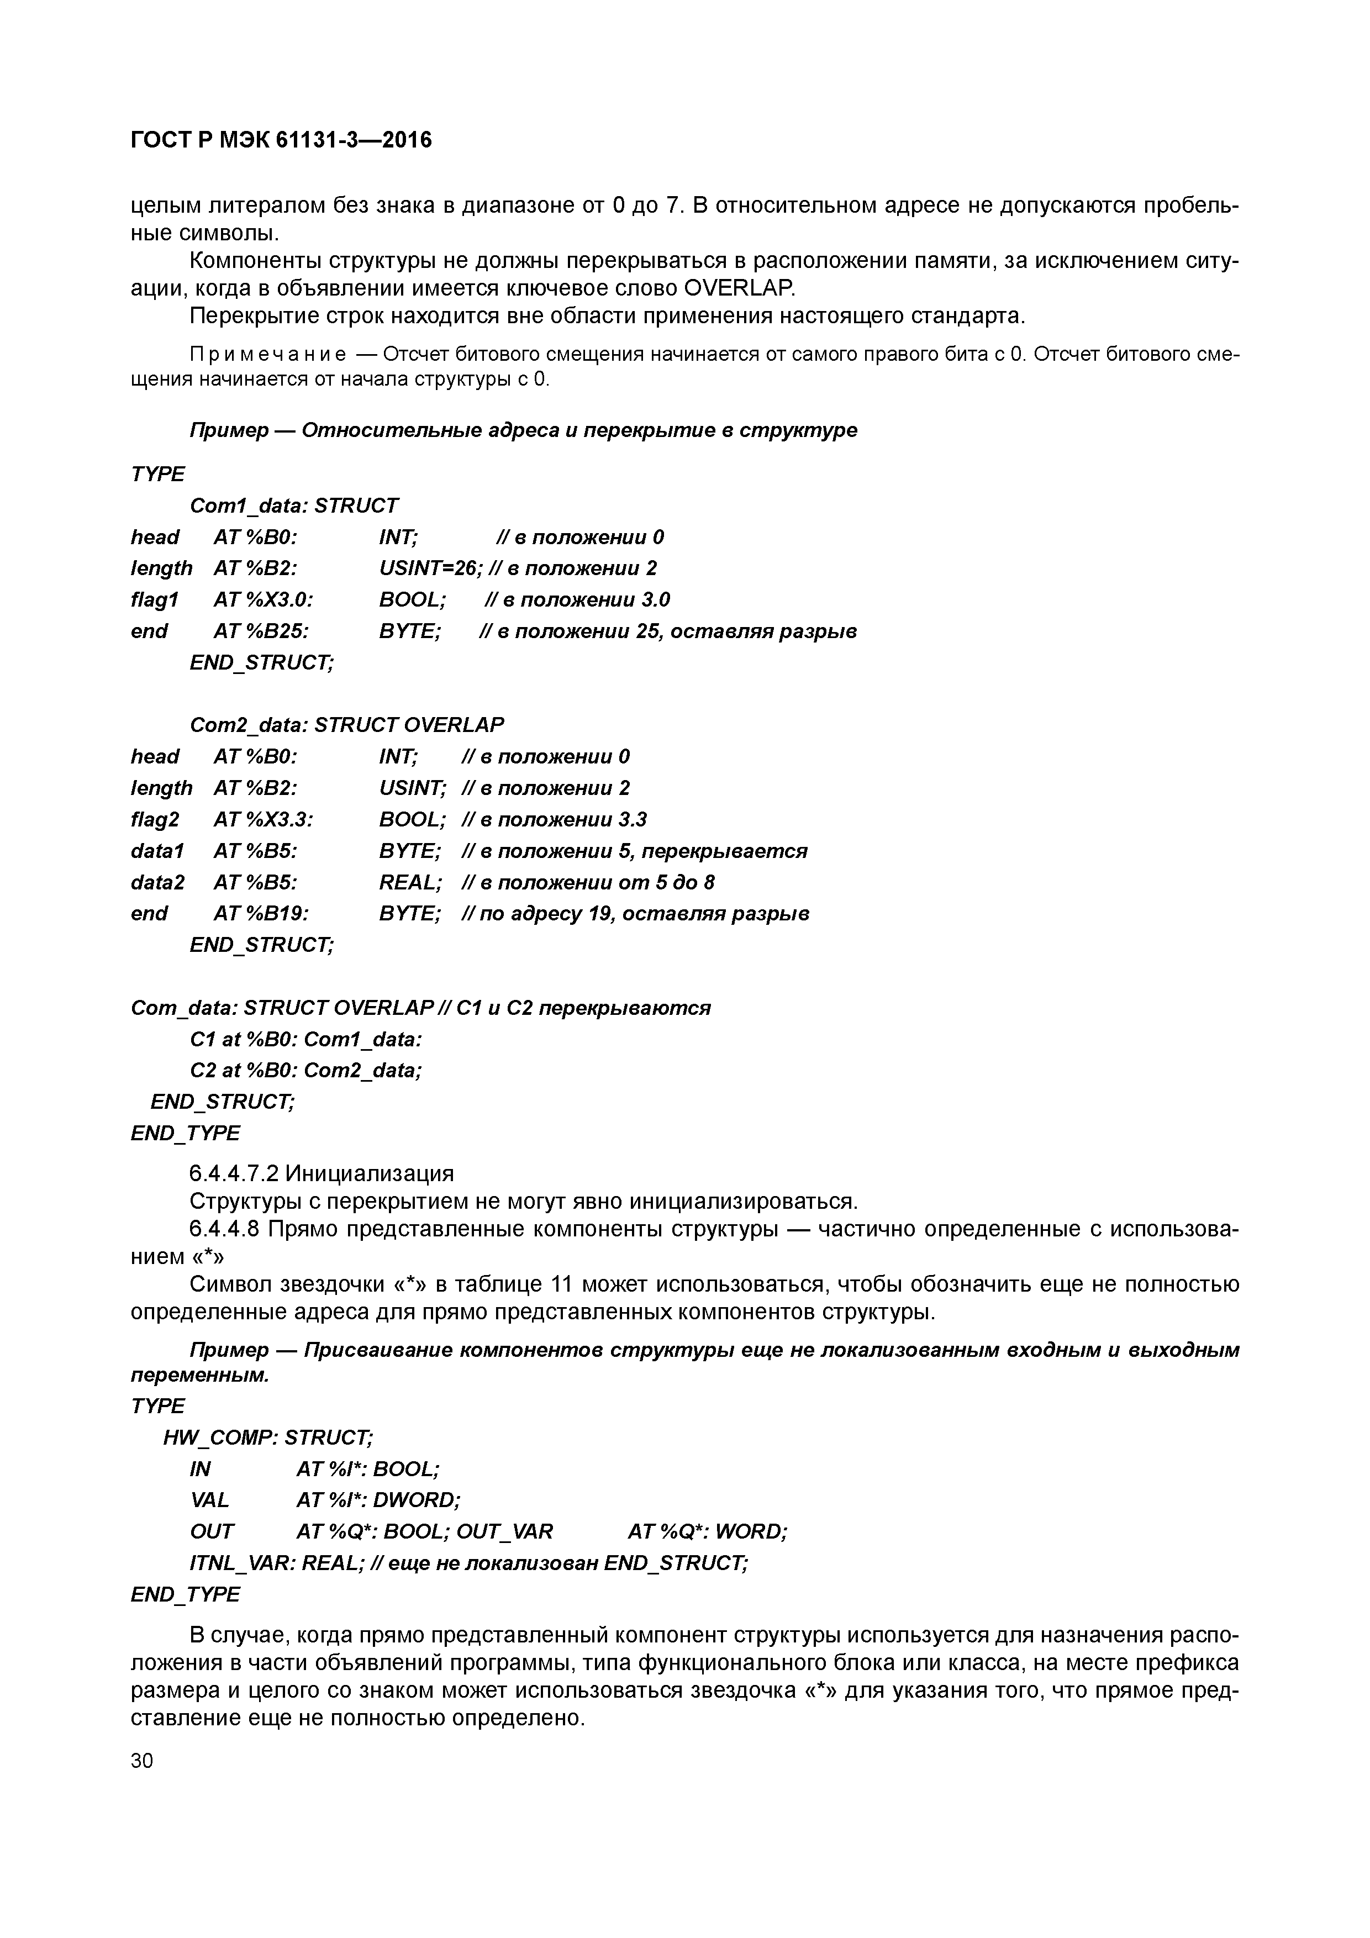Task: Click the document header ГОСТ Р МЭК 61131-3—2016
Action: (281, 139)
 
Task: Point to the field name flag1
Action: (155, 599)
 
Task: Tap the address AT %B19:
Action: (261, 913)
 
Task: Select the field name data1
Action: (157, 850)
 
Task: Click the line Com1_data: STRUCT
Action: (294, 505)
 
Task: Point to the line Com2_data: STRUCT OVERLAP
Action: (347, 724)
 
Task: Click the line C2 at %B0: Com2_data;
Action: (305, 1070)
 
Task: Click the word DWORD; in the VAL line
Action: (417, 1499)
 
